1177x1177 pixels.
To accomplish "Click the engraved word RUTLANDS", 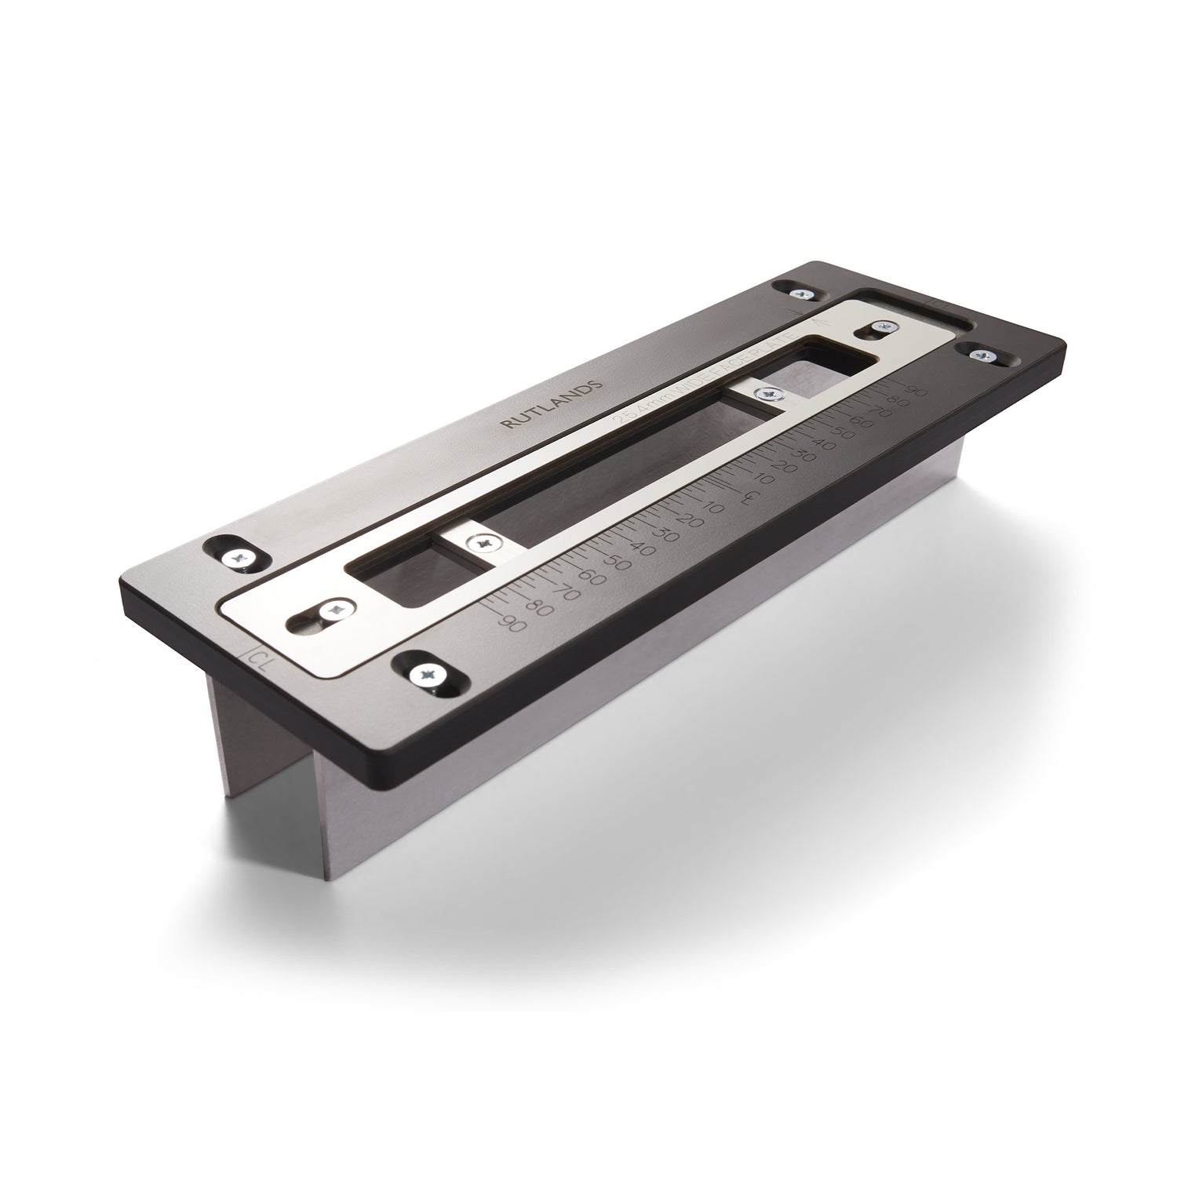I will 552,405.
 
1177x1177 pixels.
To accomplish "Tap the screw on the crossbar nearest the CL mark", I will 481,541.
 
